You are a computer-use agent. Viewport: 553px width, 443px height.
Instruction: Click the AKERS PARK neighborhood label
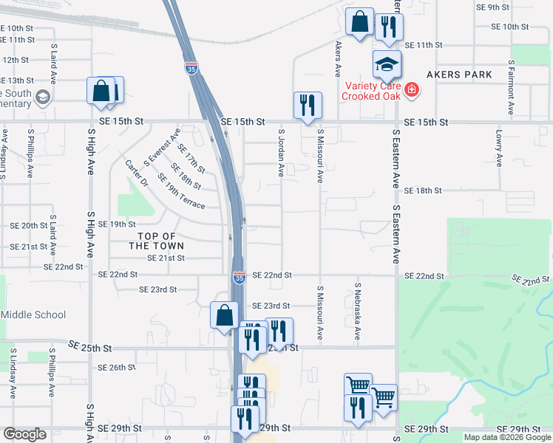click(x=458, y=75)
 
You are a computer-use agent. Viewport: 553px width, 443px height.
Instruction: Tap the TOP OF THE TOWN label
click(x=156, y=240)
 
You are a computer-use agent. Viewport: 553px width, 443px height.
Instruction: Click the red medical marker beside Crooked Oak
click(x=412, y=91)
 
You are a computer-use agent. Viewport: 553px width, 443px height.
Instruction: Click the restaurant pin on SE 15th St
click(x=307, y=106)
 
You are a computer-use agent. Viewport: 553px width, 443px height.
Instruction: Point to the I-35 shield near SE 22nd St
click(x=239, y=278)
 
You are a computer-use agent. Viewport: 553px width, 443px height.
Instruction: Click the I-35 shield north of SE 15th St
click(x=191, y=69)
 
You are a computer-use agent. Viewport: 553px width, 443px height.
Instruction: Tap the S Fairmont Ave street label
click(x=511, y=88)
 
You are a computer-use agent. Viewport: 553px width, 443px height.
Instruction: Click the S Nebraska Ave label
click(x=358, y=311)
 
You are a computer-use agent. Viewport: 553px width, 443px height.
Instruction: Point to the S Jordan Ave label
click(x=282, y=153)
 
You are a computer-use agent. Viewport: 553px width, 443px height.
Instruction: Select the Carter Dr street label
click(x=138, y=174)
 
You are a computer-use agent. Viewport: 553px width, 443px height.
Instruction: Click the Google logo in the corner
click(x=24, y=435)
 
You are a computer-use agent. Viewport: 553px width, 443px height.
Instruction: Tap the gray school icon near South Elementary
click(x=43, y=97)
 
